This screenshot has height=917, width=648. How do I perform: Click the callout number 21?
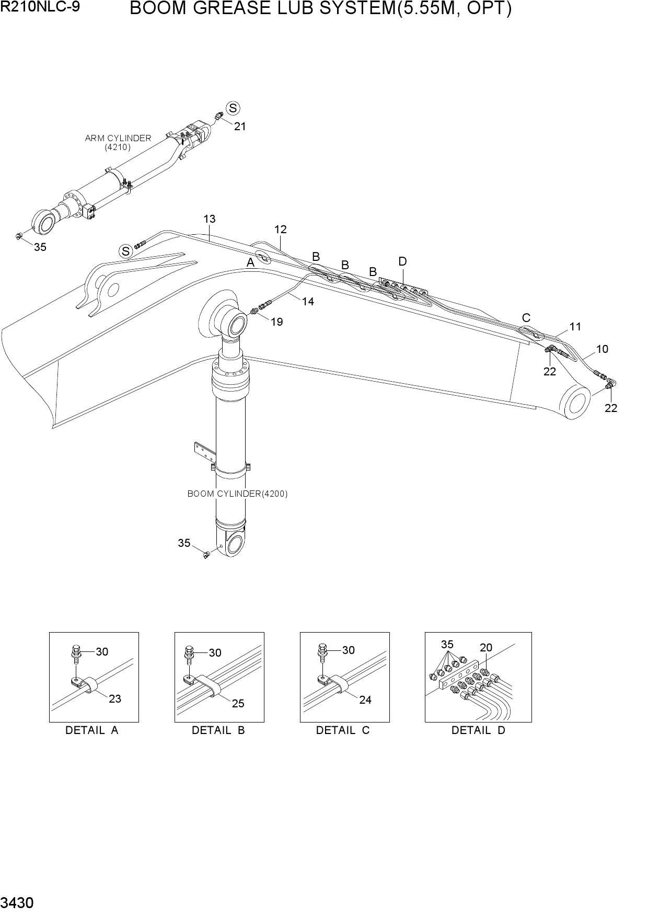pyautogui.click(x=240, y=126)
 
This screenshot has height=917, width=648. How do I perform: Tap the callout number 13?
pyautogui.click(x=210, y=219)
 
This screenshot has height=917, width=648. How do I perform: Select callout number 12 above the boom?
pyautogui.click(x=281, y=229)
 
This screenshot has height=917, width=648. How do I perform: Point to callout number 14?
pyautogui.click(x=308, y=301)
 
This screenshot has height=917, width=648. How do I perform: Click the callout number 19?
pyautogui.click(x=277, y=322)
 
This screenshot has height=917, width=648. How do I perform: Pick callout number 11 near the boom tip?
pyautogui.click(x=575, y=327)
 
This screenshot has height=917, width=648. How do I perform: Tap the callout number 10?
pyautogui.click(x=602, y=349)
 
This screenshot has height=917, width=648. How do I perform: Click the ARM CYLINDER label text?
pyautogui.click(x=118, y=138)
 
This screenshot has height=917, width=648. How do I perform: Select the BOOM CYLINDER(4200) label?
pyautogui.click(x=237, y=494)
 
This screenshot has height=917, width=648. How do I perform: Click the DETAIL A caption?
pyautogui.click(x=92, y=730)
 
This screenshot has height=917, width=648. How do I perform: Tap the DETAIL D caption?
pyautogui.click(x=479, y=730)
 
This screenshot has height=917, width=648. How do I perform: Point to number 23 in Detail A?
pyautogui.click(x=115, y=698)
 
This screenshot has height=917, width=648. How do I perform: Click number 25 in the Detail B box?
pyautogui.click(x=238, y=703)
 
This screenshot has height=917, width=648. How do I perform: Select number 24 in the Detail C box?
pyautogui.click(x=365, y=700)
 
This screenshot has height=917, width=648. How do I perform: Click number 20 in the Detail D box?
pyautogui.click(x=486, y=647)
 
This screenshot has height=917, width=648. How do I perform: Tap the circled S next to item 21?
pyautogui.click(x=233, y=108)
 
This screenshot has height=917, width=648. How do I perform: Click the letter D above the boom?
pyautogui.click(x=402, y=261)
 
